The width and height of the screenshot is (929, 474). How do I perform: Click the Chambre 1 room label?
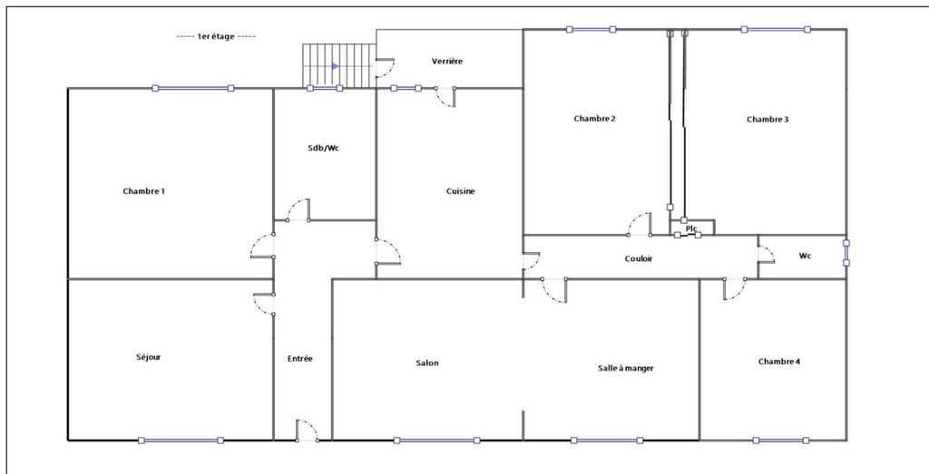[143, 191]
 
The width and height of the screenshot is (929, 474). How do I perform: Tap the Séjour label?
[148, 357]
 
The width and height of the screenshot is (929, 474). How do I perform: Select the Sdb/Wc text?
[324, 148]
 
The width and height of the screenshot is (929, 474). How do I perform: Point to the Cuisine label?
[461, 191]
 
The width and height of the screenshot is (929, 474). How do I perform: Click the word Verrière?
[446, 61]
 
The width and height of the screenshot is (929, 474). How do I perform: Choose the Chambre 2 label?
[595, 119]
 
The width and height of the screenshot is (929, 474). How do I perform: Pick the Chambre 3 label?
[768, 120]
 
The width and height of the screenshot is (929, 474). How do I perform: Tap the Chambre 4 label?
[779, 362]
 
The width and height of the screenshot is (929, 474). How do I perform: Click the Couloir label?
[639, 258]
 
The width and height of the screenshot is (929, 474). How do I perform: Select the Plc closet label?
[691, 228]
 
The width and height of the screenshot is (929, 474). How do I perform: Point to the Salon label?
[427, 363]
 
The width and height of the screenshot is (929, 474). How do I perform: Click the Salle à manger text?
[626, 368]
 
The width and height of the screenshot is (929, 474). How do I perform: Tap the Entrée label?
[300, 359]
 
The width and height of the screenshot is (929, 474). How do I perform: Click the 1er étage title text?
[216, 36]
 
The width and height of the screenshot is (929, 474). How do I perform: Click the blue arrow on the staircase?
[336, 66]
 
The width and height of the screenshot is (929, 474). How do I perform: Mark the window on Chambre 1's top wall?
[192, 88]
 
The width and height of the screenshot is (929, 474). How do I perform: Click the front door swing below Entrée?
[307, 430]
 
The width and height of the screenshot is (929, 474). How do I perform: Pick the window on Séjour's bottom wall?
[181, 440]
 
